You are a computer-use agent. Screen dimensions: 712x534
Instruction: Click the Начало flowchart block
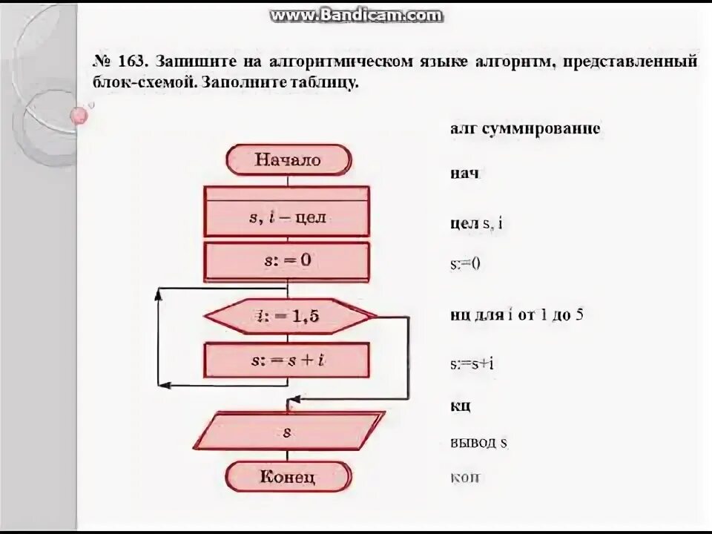coord(288,160)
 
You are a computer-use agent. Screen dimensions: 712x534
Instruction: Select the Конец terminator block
coord(288,476)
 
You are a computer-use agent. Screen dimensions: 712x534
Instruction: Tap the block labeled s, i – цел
coord(286,217)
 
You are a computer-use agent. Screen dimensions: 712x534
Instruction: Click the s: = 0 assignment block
coord(286,262)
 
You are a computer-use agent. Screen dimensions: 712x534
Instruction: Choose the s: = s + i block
coord(286,360)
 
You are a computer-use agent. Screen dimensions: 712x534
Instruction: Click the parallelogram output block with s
coord(286,431)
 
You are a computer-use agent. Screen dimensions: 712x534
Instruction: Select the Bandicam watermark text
coord(356,15)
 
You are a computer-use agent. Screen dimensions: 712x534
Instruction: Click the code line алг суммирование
coord(524,128)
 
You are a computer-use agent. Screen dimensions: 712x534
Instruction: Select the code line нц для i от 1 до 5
coord(516,314)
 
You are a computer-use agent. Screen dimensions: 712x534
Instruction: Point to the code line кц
coord(460,406)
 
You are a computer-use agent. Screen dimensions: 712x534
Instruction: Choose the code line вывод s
coord(478,444)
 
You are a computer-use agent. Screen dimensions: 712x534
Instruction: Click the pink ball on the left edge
coord(79,115)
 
